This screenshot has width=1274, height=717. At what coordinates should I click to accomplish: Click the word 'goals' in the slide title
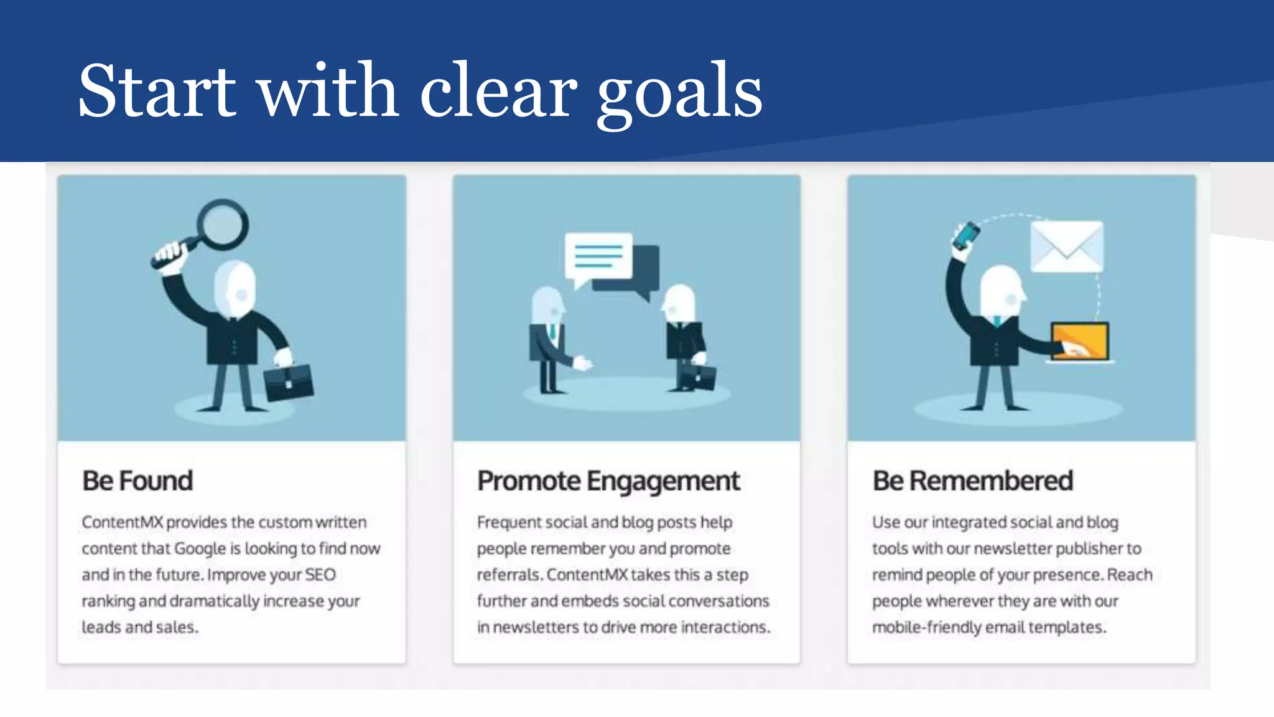click(679, 93)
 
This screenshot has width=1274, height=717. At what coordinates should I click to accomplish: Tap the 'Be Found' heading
click(137, 480)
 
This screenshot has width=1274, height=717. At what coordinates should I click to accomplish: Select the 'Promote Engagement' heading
click(608, 480)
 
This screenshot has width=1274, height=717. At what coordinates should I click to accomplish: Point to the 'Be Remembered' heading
click(972, 480)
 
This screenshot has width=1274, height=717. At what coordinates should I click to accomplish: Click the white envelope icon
click(1066, 246)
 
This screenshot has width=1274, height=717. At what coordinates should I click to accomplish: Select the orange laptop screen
click(1080, 341)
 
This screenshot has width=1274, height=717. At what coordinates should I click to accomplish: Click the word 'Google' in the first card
click(200, 549)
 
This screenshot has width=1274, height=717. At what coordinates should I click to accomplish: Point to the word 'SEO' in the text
click(320, 574)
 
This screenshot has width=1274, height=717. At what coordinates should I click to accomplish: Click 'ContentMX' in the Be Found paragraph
click(122, 522)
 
